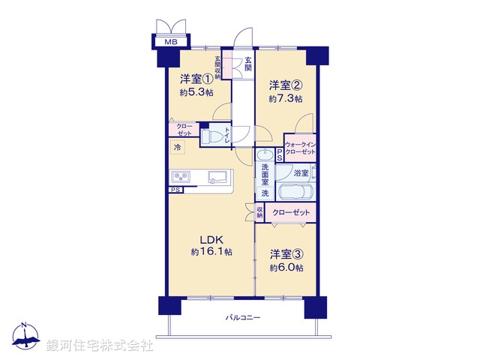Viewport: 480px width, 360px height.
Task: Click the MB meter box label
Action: [170, 42]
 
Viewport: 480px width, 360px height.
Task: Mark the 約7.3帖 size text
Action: [286, 99]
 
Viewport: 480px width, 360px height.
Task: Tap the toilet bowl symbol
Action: [212, 137]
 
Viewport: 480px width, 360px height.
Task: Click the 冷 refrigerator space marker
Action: [178, 148]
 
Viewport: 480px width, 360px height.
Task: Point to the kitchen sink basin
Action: [218, 177]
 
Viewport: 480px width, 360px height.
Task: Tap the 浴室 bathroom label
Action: [300, 172]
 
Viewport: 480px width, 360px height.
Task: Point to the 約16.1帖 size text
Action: [211, 253]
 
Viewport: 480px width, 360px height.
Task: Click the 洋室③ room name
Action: [286, 254]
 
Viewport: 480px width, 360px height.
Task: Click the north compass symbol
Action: [25, 337]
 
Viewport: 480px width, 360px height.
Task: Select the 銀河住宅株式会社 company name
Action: [99, 346]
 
